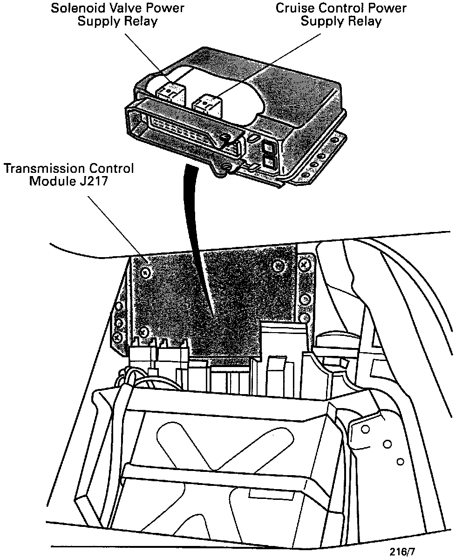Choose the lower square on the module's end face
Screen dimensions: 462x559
click(x=270, y=163)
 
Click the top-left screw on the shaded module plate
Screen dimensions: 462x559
click(x=146, y=271)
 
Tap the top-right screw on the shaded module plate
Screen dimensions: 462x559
click(x=279, y=266)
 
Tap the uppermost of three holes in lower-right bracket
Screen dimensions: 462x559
click(x=366, y=429)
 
